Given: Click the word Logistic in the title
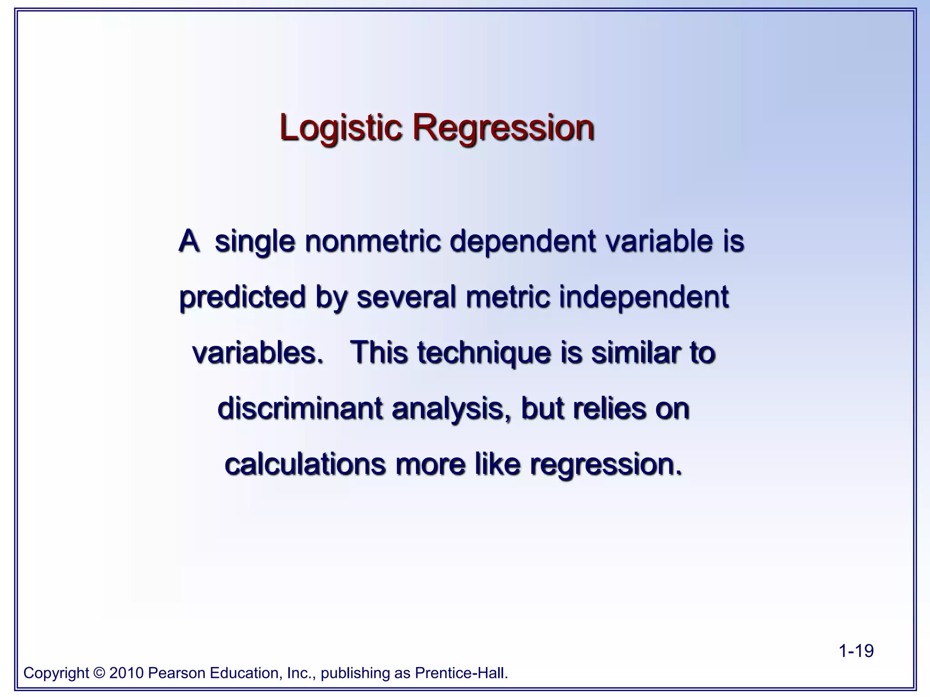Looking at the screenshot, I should (x=341, y=128).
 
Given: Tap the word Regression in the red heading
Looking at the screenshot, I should (x=503, y=128).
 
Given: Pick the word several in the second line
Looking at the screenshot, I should (x=406, y=297).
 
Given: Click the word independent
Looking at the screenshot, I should (x=643, y=297).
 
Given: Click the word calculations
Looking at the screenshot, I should (x=305, y=464).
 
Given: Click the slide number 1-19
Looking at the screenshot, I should (x=856, y=651).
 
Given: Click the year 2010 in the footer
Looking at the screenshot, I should (x=126, y=672).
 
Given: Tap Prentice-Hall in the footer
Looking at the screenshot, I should (x=461, y=672).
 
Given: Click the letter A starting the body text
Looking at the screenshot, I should (x=189, y=241).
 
